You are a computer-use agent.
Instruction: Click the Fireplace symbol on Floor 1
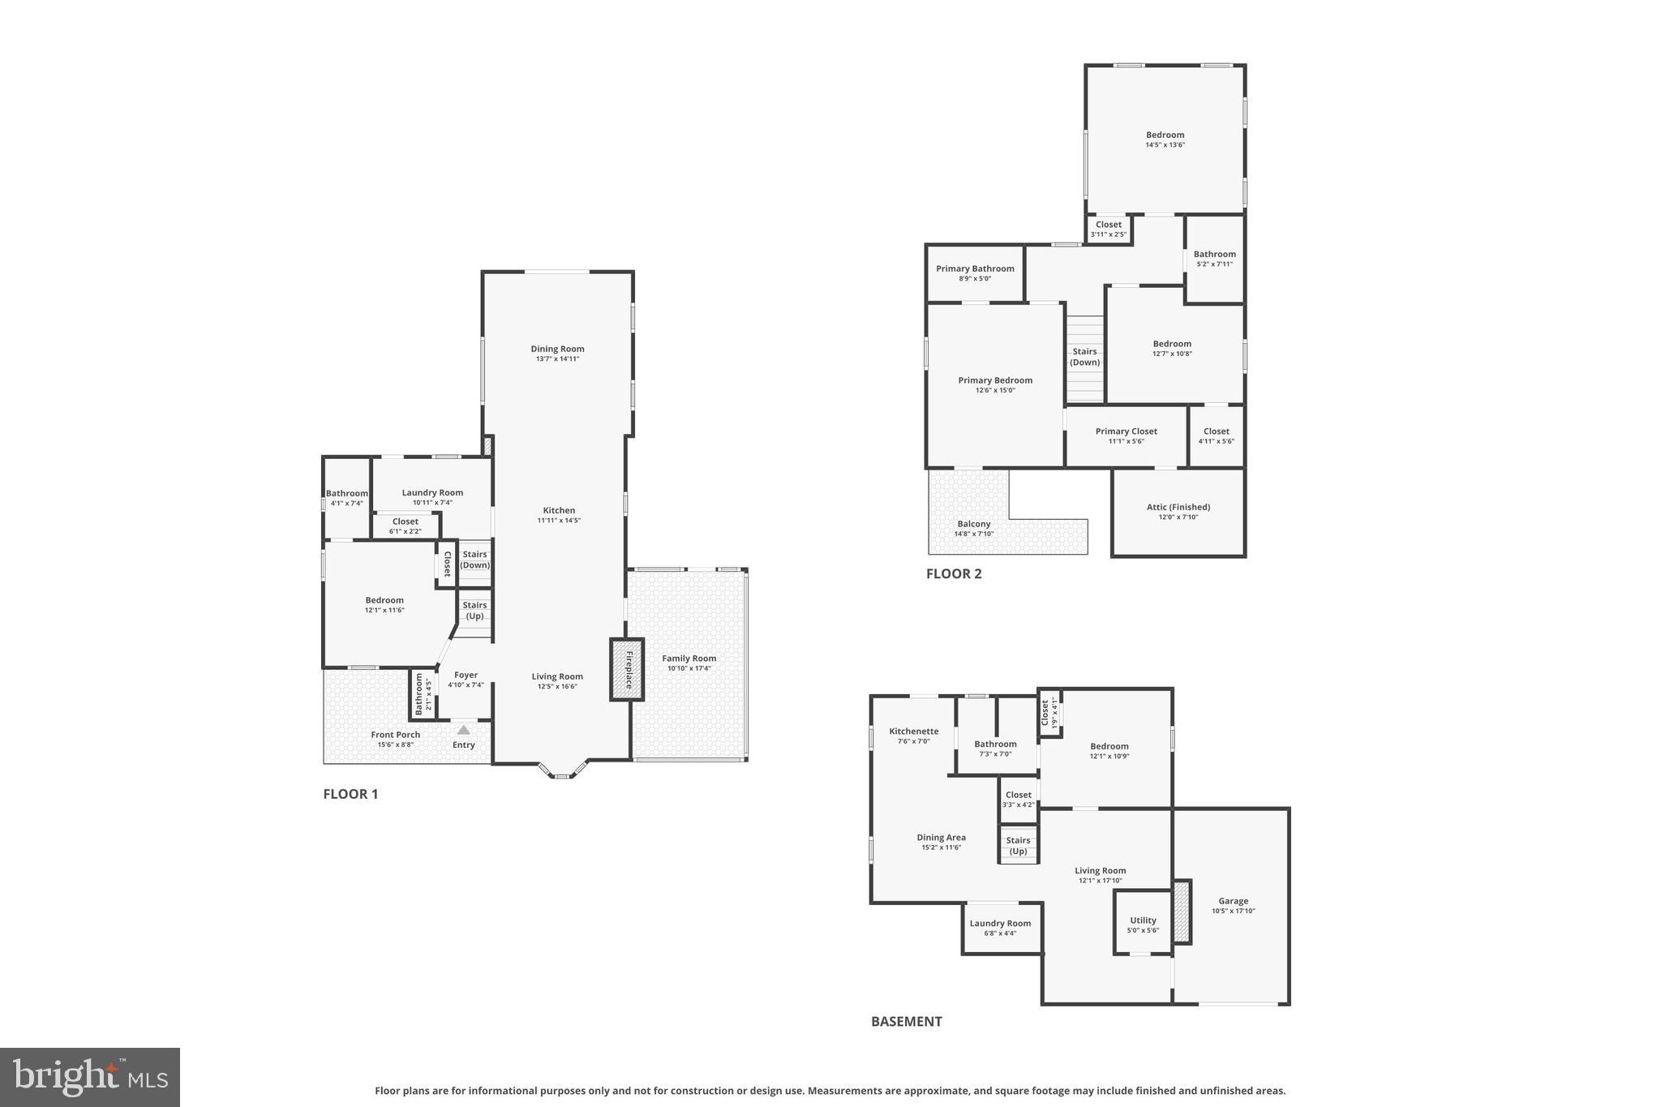[x=627, y=670]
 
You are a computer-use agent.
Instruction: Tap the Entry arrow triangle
[x=463, y=730]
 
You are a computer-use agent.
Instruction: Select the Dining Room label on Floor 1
[x=557, y=349]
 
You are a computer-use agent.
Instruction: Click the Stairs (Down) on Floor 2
[x=1084, y=358]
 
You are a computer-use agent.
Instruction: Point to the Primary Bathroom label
[x=975, y=268]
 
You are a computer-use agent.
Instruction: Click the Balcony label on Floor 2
[x=974, y=524]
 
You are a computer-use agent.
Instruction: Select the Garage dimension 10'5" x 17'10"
[x=1233, y=911]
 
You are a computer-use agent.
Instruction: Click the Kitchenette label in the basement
[x=913, y=731]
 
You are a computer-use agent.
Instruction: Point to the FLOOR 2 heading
[x=954, y=573]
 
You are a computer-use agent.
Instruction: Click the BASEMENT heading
[x=906, y=1021]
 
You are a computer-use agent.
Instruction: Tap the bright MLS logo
[x=90, y=1077]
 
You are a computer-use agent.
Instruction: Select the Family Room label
[x=689, y=659]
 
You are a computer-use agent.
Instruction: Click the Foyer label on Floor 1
[x=466, y=675]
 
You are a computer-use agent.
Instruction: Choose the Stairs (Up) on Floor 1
[x=474, y=611]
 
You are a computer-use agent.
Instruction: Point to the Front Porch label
[x=396, y=735]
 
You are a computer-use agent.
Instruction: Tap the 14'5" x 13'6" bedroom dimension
[x=1165, y=145]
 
